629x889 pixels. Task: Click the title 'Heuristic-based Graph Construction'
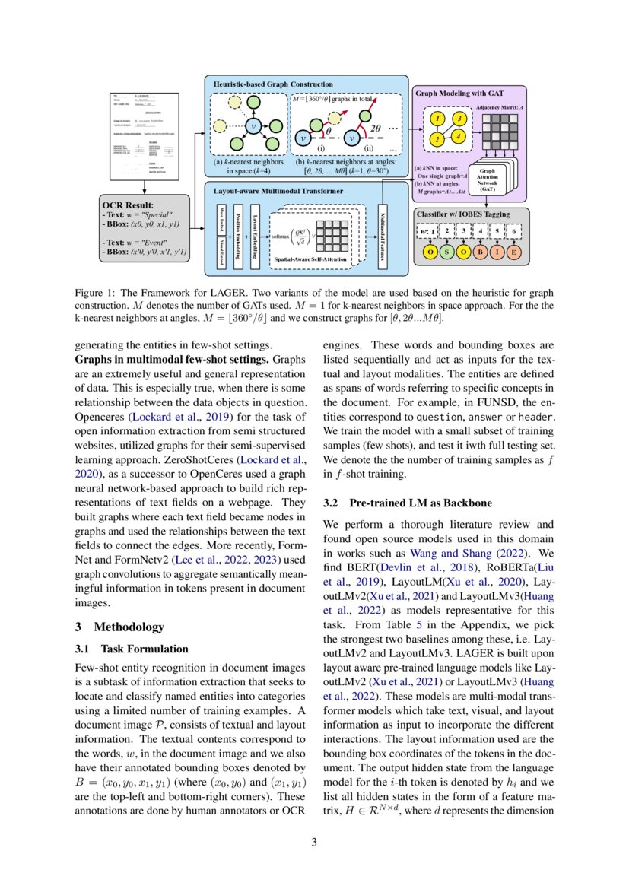pyautogui.click(x=272, y=84)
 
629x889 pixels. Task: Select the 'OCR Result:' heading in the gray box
pyautogui.click(x=127, y=205)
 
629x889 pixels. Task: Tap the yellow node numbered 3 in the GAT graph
pyautogui.click(x=459, y=119)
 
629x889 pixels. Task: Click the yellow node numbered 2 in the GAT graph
pyautogui.click(x=437, y=140)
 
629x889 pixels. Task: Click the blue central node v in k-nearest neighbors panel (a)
pyautogui.click(x=253, y=126)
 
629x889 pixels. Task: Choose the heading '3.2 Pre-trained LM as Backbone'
pyautogui.click(x=407, y=503)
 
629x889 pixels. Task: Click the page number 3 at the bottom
pyautogui.click(x=314, y=842)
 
